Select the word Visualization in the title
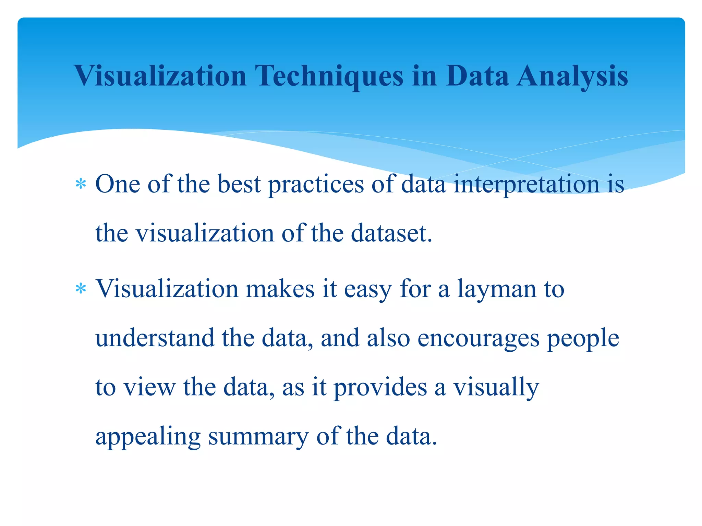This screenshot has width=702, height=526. (x=160, y=76)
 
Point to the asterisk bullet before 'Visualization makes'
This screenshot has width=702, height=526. (x=81, y=289)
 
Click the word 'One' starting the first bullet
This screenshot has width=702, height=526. (x=118, y=184)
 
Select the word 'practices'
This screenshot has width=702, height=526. (x=315, y=185)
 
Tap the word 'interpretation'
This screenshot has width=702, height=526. (x=526, y=185)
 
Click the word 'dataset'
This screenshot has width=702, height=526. (x=389, y=234)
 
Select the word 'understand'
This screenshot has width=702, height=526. (x=155, y=338)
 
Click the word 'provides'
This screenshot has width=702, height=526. (x=380, y=388)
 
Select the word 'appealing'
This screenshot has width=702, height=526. (x=148, y=437)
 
